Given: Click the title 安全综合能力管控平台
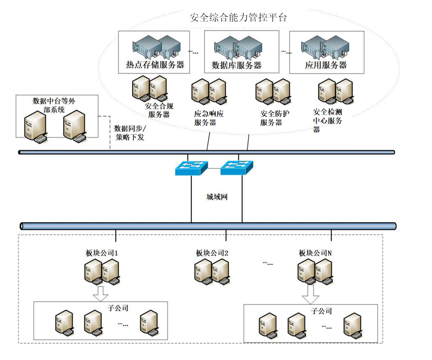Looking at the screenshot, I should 239,18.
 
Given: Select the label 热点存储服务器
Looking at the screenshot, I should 155,65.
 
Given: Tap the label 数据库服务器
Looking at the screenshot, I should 236,65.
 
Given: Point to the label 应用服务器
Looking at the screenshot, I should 326,65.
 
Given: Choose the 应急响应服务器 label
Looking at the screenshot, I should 209,118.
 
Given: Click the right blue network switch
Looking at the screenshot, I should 237,167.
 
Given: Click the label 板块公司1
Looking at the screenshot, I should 99,253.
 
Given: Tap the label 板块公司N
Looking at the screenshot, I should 315,253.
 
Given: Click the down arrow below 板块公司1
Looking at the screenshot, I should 100,293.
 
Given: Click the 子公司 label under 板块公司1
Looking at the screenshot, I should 118,308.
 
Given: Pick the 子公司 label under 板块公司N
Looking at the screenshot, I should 322,311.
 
